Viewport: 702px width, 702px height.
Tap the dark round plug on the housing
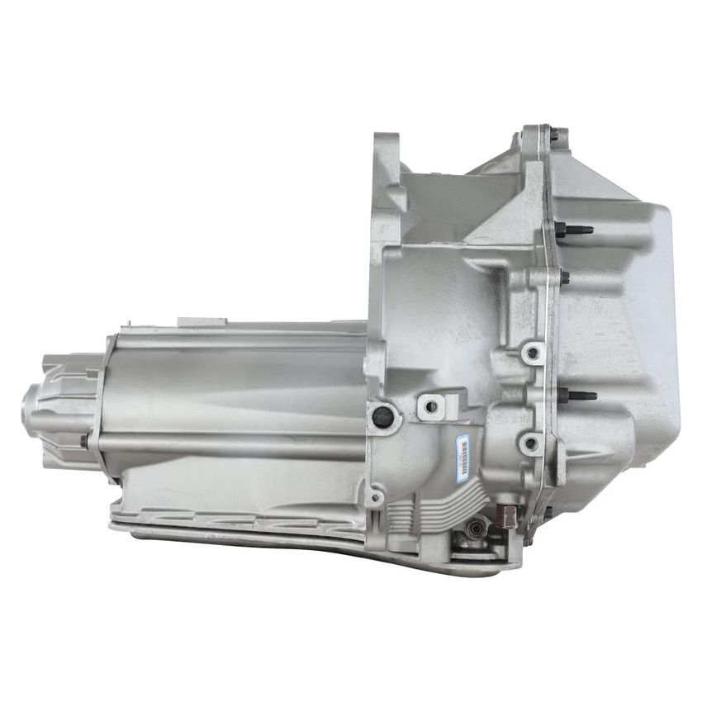(382, 418)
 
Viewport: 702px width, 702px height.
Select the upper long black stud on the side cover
(575, 230)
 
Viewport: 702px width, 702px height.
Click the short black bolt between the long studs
(564, 278)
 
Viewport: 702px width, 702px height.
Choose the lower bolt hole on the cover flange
(530, 443)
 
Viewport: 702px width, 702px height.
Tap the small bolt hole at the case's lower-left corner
(376, 497)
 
